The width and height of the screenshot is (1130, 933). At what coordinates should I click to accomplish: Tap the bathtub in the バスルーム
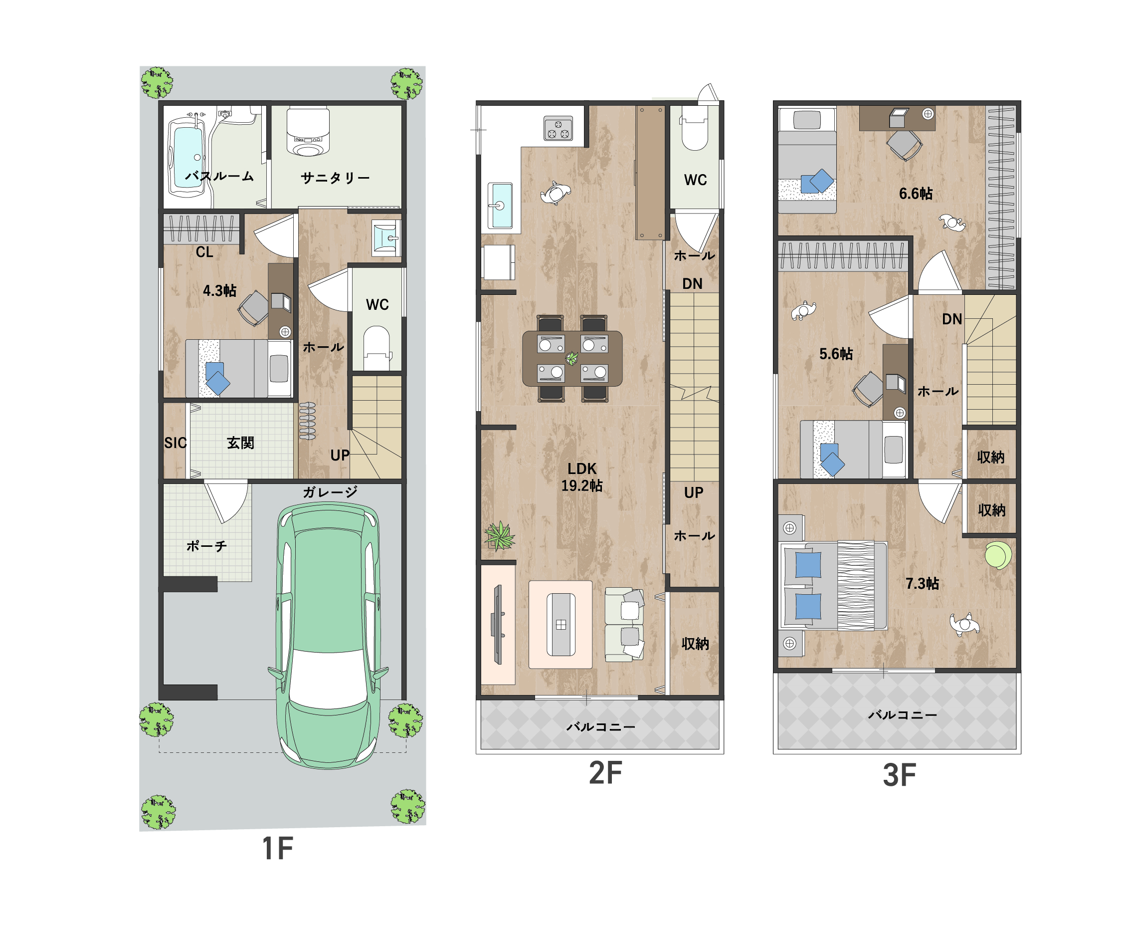[188, 156]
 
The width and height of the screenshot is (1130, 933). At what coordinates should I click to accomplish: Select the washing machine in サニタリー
[308, 132]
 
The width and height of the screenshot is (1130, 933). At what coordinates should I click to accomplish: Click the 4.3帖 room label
[219, 291]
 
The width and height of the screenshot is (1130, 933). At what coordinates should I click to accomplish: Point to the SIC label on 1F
[175, 443]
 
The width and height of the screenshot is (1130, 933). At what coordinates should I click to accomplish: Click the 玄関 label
[240, 443]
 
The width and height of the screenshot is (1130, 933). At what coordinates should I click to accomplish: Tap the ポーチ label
[206, 546]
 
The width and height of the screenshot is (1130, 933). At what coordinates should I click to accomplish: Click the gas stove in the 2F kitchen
[558, 128]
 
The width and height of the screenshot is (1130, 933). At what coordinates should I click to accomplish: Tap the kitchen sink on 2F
[500, 205]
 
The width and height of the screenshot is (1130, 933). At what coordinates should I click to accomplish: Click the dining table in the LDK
[572, 358]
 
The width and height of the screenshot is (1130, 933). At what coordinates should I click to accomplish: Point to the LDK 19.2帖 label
[581, 476]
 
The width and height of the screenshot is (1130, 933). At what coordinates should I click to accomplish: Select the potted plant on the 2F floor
[499, 535]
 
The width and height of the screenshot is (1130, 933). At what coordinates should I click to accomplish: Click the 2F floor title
[605, 773]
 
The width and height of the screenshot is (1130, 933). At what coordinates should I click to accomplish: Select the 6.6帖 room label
[916, 194]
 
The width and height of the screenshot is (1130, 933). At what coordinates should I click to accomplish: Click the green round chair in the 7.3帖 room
[998, 556]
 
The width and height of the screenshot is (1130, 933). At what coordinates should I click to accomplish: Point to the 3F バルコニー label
[902, 715]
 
